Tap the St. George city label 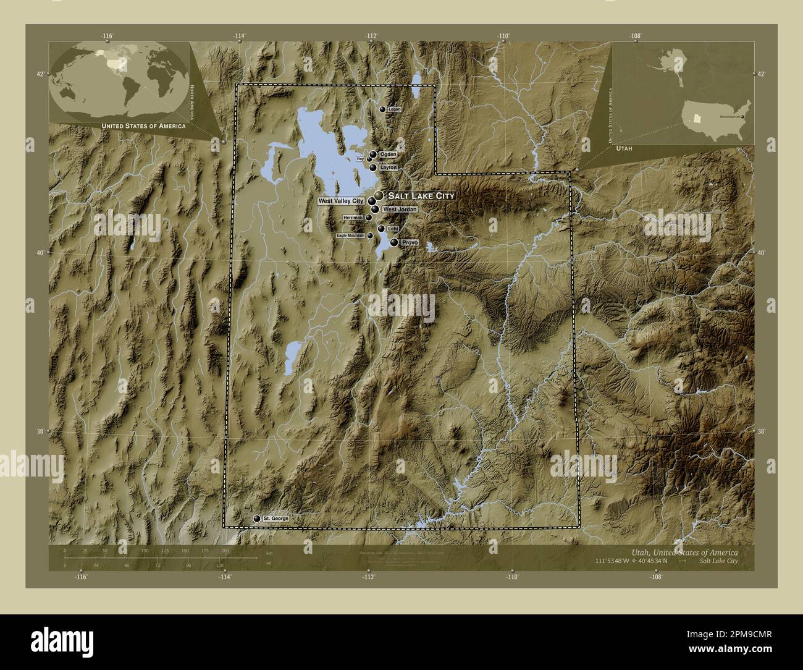[275, 518]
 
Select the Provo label [410, 243]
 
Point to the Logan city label [395, 109]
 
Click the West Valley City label [341, 201]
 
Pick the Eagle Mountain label [350, 235]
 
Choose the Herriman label [352, 218]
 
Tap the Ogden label [388, 154]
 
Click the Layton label [388, 167]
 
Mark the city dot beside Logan [383, 109]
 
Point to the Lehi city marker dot [381, 229]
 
